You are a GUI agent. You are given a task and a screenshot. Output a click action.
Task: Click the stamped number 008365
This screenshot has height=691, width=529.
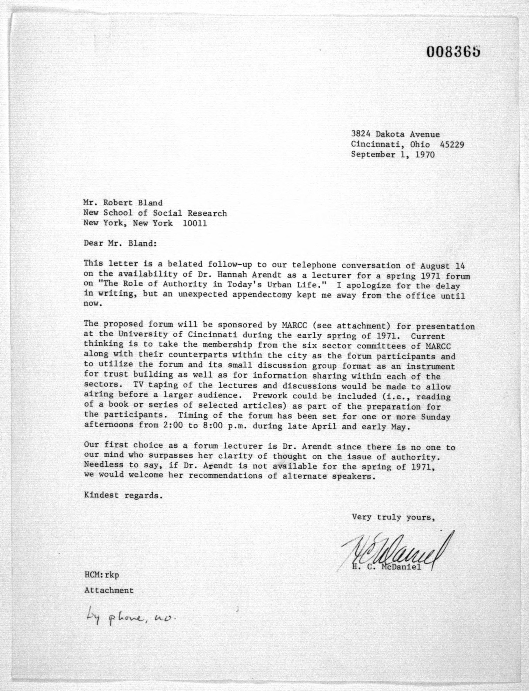454,51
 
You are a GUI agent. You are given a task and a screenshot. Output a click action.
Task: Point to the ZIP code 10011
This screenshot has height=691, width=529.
195,223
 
